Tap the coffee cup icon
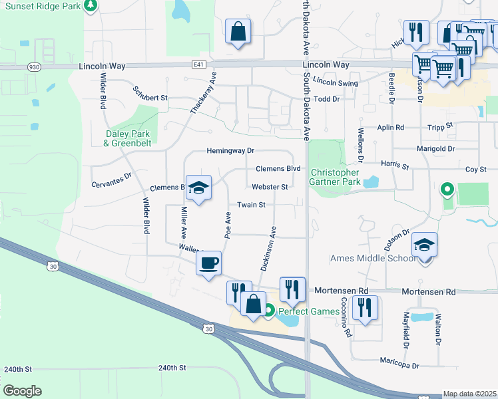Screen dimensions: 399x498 point(208,264)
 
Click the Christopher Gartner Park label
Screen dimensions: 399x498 point(336,177)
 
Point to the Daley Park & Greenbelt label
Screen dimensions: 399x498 point(128,138)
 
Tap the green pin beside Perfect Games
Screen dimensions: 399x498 point(270,310)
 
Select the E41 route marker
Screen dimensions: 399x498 point(199,65)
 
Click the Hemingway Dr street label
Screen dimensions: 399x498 point(231,152)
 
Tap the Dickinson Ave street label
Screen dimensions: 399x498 point(268,248)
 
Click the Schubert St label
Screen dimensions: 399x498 point(149,93)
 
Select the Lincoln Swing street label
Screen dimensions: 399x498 point(336,83)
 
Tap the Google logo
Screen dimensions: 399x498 point(22,391)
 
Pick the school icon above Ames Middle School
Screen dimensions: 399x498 point(424,244)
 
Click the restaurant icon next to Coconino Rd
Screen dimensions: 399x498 point(365,307)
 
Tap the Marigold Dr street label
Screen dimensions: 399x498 point(435,149)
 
